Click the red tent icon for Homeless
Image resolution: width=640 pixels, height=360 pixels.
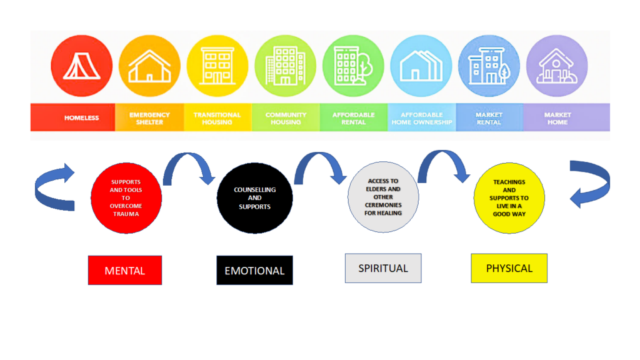(82, 66)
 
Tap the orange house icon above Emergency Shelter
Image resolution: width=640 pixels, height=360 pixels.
(149, 66)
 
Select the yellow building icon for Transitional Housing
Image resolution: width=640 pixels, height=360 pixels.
(217, 66)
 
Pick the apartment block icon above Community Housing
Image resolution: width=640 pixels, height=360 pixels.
(285, 66)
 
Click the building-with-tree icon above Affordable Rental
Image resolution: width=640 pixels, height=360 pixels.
(353, 66)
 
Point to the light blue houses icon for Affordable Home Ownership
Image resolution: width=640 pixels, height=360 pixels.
(421, 66)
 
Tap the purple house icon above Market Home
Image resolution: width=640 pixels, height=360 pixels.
(557, 66)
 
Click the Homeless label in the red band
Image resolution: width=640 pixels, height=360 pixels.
(82, 118)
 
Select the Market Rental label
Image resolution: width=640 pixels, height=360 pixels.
(489, 118)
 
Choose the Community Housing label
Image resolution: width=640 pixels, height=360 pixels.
(286, 118)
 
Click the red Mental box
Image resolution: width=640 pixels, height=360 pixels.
(125, 270)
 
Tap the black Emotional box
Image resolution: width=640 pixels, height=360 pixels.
(255, 270)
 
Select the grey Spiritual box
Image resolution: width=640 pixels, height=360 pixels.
(383, 268)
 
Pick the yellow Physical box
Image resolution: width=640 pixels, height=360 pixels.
(509, 268)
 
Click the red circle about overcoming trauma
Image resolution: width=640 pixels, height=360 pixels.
(126, 198)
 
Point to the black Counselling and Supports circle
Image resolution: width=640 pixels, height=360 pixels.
(255, 198)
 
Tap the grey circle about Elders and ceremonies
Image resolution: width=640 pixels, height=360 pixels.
(383, 197)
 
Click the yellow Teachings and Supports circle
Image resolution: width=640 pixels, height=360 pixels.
(509, 198)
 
